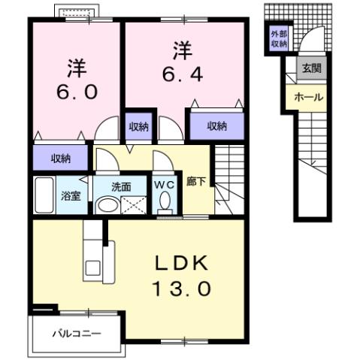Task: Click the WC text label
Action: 165,183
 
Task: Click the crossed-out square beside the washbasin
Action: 135,204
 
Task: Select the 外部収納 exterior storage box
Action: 278,38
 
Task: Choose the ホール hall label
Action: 309,98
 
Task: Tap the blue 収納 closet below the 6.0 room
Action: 61,158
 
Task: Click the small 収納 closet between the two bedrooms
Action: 138,126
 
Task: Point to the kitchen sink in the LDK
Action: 95,267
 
